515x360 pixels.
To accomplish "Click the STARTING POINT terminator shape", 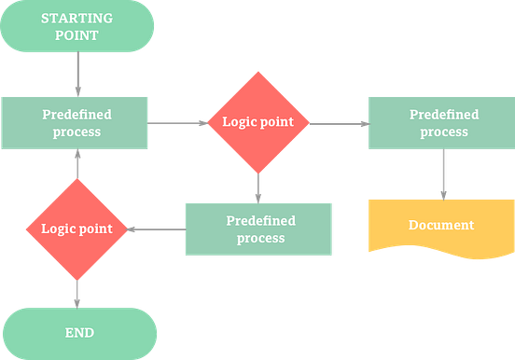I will point(78,26).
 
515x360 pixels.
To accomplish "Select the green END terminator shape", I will point(78,333).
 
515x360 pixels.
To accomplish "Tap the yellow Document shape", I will point(440,227).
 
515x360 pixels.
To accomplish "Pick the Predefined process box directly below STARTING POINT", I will point(77,123).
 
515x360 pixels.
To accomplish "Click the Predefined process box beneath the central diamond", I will point(259,228).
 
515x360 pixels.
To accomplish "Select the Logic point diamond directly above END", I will point(77,228).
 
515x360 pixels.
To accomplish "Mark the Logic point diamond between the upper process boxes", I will point(258,122).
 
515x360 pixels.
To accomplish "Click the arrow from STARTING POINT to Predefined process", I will point(78,74).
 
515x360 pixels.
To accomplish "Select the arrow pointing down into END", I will point(77,293).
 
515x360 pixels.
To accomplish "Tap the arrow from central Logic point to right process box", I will point(338,122).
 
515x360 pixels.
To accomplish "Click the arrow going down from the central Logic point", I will point(258,187).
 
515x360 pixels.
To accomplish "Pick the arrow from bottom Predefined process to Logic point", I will point(155,228).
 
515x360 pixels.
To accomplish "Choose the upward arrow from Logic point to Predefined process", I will point(77,165).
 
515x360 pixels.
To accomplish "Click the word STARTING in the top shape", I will point(78,18).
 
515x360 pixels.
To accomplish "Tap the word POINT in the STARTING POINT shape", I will point(78,35).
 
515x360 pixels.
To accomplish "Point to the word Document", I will point(440,225).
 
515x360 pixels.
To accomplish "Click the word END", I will point(78,333).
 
